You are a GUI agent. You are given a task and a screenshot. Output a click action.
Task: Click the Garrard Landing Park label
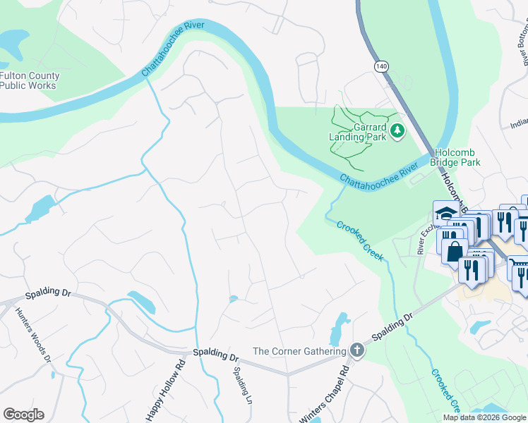tap(358, 133)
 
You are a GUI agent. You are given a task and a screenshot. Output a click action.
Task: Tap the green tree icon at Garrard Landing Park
tap(397, 130)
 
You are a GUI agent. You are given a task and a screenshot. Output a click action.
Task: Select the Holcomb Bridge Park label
tap(457, 157)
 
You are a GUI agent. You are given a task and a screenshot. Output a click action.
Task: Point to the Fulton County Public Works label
tap(30, 80)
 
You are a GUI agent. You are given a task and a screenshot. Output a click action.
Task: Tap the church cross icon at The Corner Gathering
tap(358, 351)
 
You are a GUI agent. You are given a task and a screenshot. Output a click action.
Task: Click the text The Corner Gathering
tap(299, 351)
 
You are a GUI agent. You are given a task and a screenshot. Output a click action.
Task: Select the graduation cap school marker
tap(444, 212)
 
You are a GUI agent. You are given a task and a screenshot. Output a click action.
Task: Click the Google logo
tap(23, 415)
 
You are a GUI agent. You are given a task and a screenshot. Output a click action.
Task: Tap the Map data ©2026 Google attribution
tap(484, 417)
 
